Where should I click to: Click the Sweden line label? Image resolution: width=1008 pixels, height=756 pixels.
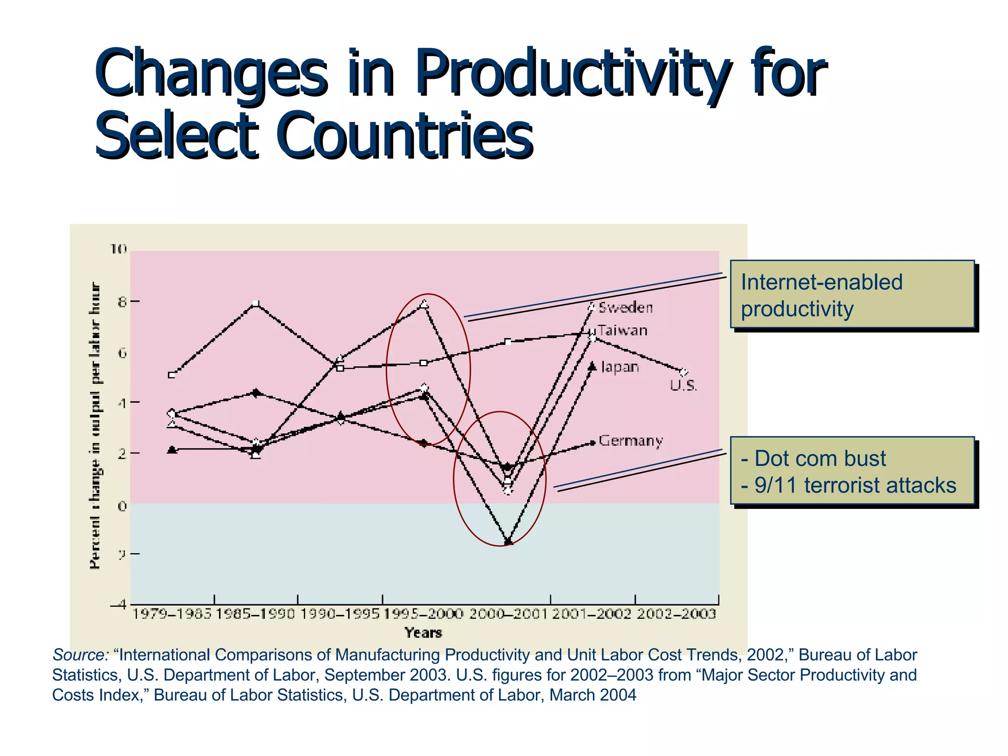coord(625,308)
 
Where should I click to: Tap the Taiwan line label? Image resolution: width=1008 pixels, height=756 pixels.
coord(623,330)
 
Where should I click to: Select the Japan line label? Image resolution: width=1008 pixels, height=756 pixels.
coord(620,367)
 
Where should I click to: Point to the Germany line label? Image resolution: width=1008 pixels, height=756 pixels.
coord(630,441)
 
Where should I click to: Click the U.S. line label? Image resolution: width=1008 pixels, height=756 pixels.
coord(683,385)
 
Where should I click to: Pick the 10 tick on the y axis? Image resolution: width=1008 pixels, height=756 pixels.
coord(118,249)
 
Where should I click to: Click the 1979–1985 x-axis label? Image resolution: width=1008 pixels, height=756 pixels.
coord(172,614)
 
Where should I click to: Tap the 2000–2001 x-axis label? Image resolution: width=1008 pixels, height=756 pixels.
coord(508,614)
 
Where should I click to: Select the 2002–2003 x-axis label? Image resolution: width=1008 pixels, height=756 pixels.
coord(676,614)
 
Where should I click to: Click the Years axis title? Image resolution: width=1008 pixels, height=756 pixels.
coord(423,632)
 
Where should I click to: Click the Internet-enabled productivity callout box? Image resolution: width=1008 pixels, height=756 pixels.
coord(852,294)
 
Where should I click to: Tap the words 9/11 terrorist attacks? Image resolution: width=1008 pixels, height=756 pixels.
coord(855,485)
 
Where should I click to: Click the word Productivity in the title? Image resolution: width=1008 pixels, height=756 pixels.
coord(571,74)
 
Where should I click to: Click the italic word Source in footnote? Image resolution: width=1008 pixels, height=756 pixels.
coord(80,655)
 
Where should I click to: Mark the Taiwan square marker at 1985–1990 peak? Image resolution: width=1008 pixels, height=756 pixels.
coord(256,303)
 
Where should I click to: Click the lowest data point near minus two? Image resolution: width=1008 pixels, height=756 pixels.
coord(508,541)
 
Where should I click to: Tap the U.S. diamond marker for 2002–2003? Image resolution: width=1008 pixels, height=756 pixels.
coord(683,372)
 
